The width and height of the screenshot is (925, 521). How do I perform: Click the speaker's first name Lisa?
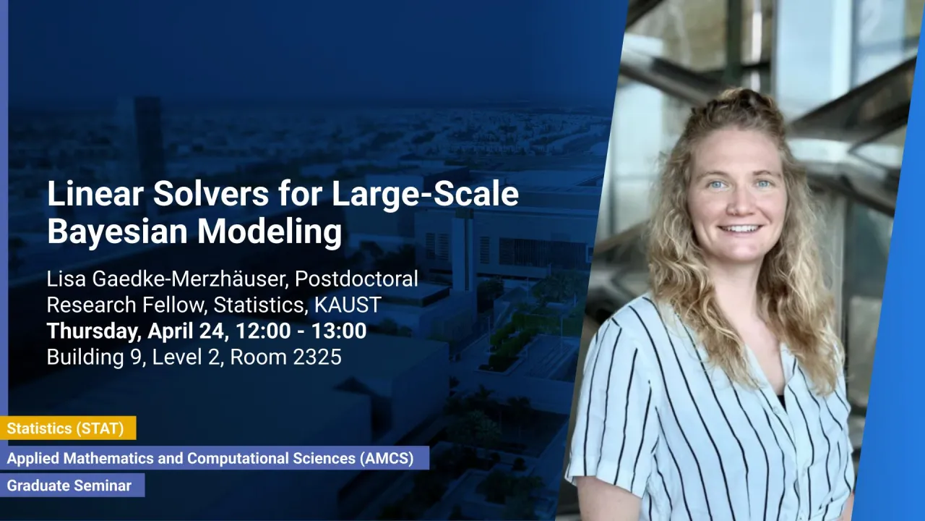65,279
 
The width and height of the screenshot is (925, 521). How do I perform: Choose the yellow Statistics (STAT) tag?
66,428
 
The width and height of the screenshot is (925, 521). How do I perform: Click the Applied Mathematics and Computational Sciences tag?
210,458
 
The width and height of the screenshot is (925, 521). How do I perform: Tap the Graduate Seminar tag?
69,486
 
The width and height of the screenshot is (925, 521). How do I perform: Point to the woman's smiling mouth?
740,228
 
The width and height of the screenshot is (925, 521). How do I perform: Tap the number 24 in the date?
217,331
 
